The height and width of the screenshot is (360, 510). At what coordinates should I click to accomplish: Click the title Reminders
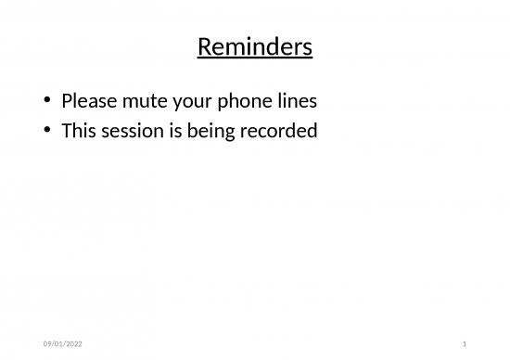[x=255, y=46]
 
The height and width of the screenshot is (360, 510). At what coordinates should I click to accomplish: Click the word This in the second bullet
[x=78, y=131]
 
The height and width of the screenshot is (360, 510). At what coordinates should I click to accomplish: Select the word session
[x=130, y=131]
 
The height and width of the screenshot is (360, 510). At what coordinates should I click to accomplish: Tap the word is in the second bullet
[x=172, y=131]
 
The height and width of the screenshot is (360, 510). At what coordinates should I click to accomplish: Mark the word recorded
[x=277, y=131]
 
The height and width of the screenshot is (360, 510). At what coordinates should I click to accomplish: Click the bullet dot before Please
[x=46, y=101]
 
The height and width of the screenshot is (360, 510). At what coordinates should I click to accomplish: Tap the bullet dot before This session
[x=46, y=132]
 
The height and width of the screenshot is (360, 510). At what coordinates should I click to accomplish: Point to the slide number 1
[x=463, y=344]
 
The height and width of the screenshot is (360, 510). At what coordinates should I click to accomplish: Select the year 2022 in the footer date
[x=70, y=344]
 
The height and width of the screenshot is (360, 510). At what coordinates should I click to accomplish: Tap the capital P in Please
[x=67, y=100]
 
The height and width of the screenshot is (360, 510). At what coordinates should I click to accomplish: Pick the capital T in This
[x=66, y=131]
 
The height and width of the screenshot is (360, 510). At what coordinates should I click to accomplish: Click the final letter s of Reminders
[x=307, y=46]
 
